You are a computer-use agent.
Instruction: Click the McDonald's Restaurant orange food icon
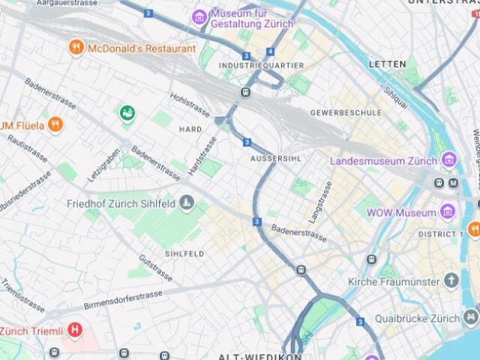coord(76,49)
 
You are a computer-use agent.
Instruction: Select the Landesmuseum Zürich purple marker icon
coord(449,160)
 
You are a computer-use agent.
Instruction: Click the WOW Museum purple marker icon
coord(448,212)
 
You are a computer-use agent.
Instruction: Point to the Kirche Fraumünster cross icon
coord(451,281)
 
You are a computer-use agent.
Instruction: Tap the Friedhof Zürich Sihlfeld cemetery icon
coord(187,203)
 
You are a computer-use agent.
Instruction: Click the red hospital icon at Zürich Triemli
coord(74,330)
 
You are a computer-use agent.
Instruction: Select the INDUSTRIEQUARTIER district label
coord(261,66)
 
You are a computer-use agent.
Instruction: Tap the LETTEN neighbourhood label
coord(388,64)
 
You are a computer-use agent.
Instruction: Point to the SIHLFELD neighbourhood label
coord(184,254)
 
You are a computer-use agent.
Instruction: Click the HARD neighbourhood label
coord(190,129)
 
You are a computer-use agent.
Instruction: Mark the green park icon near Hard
coord(127,113)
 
